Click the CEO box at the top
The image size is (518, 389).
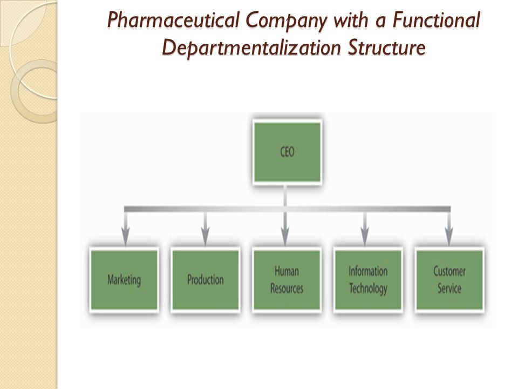click(287, 152)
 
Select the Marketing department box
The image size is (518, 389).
click(124, 280)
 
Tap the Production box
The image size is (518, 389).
click(205, 280)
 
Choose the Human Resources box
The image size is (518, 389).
click(287, 280)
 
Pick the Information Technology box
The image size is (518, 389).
click(368, 280)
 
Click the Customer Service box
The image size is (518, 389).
click(449, 280)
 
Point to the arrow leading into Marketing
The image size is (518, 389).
click(125, 228)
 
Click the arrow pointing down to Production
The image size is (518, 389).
click(205, 228)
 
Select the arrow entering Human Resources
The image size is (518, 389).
click(285, 228)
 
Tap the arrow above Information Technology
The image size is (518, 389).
click(365, 228)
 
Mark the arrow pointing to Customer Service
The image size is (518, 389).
click(448, 228)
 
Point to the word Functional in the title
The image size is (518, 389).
click(437, 20)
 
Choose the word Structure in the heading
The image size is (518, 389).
click(386, 48)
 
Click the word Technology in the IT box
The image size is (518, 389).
click(368, 289)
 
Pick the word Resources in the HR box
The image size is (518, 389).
click(287, 289)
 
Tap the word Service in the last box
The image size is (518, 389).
click(449, 289)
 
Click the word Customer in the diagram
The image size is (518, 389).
click(449, 271)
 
